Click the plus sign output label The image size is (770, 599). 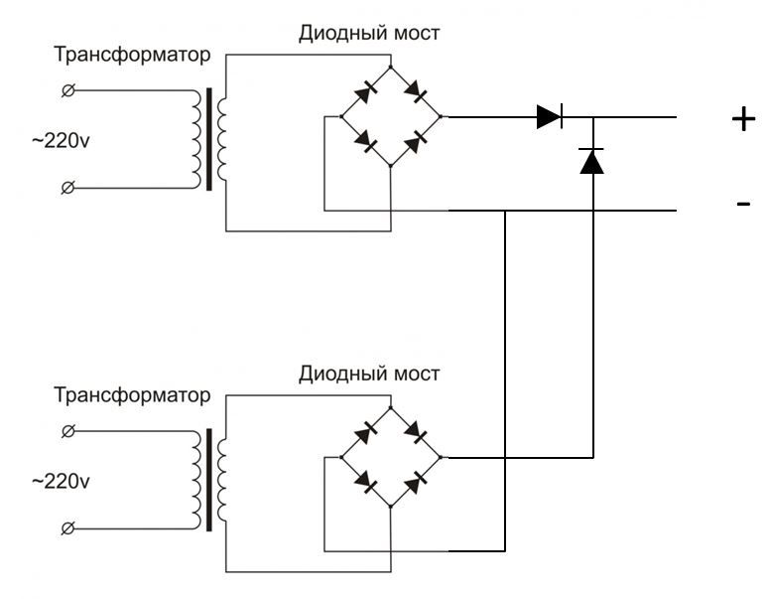click(743, 119)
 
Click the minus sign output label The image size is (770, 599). click(743, 204)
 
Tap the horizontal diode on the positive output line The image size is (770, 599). click(550, 116)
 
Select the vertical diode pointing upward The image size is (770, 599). click(592, 160)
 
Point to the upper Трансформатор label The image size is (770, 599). click(132, 56)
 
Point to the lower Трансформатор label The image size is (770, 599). click(132, 396)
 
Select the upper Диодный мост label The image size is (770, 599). click(369, 33)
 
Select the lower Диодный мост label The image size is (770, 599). click(369, 374)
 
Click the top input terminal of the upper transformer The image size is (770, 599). click(67, 90)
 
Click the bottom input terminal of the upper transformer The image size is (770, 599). click(67, 186)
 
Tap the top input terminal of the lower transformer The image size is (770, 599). click(67, 431)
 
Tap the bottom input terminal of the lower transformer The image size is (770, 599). click(67, 526)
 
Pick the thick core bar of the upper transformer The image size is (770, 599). click(209, 140)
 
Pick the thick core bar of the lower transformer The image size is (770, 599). click(209, 481)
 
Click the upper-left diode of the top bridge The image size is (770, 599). click(365, 92)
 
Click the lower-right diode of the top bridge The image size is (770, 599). click(416, 142)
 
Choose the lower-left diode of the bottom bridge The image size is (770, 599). click(365, 483)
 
